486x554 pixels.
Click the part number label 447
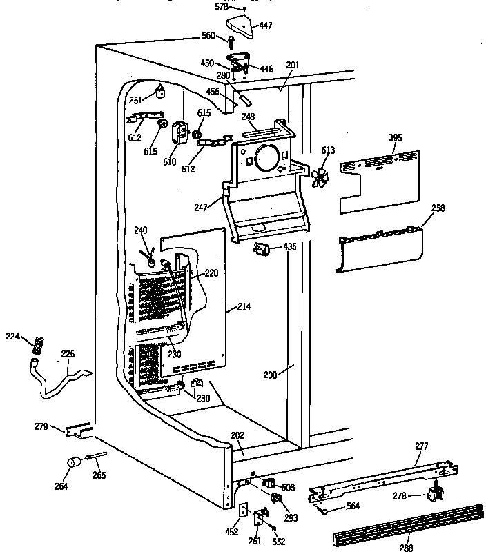266,26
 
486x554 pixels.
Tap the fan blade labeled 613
320,177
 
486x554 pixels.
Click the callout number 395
394,138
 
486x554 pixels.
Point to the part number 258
438,208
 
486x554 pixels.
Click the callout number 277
422,447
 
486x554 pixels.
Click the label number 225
68,355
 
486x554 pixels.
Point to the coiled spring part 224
39,342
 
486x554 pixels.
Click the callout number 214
244,307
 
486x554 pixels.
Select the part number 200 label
270,375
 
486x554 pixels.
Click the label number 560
208,36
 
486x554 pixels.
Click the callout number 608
289,487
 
